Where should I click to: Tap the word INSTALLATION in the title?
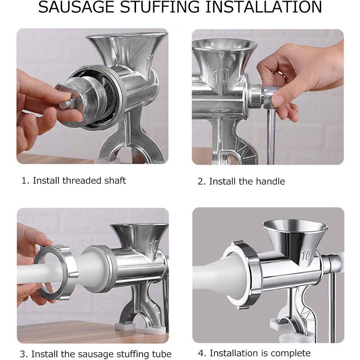(x=264, y=7)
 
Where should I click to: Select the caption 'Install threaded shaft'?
(x=79, y=180)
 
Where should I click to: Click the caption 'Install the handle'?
(x=247, y=181)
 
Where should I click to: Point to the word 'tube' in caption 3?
(x=162, y=354)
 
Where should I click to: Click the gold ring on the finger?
(x=282, y=74)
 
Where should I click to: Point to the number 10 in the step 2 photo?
(x=221, y=76)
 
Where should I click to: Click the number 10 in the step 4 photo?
(x=307, y=255)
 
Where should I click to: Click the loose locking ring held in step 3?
(x=56, y=272)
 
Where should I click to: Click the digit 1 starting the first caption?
(x=24, y=181)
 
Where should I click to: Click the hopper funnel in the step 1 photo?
(x=127, y=50)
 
